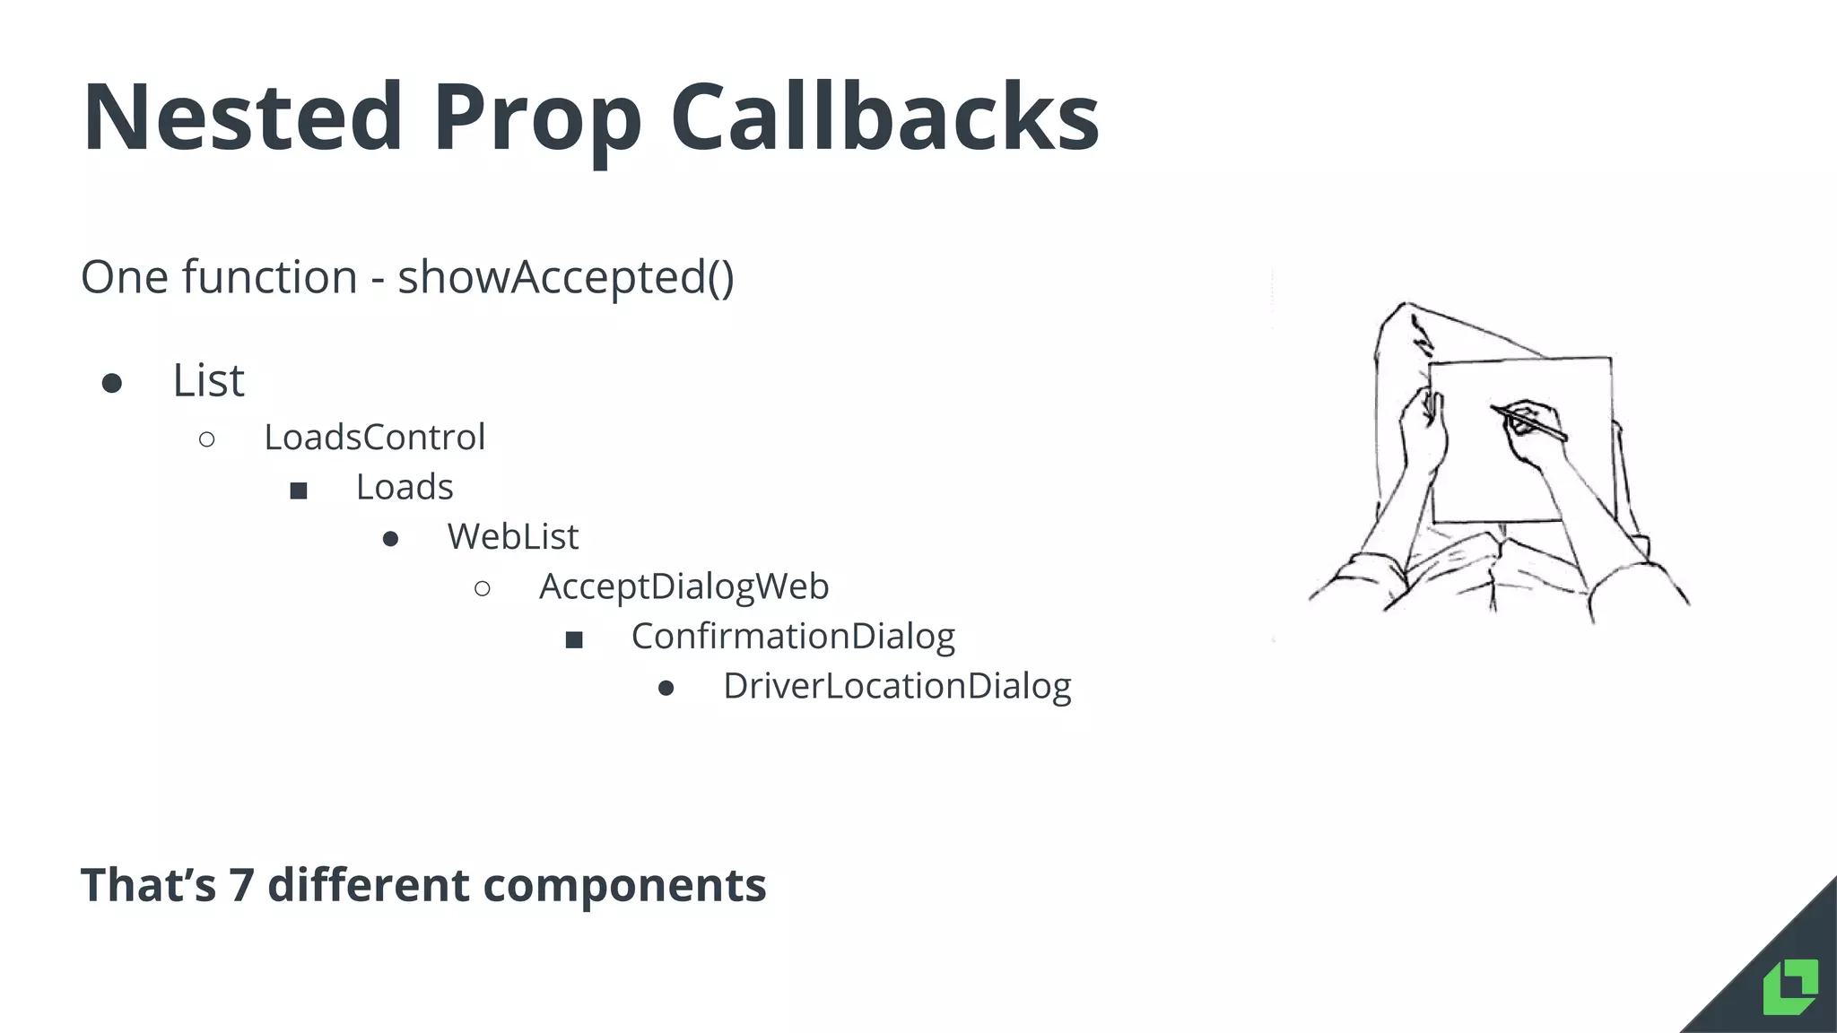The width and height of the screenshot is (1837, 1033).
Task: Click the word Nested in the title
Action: tap(242, 117)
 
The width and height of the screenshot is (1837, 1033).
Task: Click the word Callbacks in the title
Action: tap(884, 117)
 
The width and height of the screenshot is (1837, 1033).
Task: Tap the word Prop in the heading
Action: tap(536, 121)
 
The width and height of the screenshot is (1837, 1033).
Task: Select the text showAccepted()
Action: tap(565, 277)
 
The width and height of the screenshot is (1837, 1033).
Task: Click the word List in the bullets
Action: tap(208, 380)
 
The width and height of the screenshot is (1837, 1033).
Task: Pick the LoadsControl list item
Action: tap(374, 438)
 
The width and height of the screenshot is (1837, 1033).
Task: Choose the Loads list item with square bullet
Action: tap(405, 487)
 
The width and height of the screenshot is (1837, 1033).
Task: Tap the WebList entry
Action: tap(513, 537)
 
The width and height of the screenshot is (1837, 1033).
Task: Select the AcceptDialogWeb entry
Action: tap(683, 586)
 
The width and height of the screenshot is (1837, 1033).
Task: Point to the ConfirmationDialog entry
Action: tap(793, 636)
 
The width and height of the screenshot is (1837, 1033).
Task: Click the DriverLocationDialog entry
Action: tap(897, 686)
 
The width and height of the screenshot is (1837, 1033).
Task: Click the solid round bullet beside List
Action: tap(112, 384)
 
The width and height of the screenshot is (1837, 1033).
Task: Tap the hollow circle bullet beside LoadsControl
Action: tap(207, 439)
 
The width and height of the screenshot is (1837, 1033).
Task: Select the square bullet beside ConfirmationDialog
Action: tap(574, 639)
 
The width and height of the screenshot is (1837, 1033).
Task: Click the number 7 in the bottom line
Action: tap(241, 885)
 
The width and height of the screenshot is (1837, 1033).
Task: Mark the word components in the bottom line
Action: tap(624, 886)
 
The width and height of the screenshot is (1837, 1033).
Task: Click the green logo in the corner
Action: tap(1789, 986)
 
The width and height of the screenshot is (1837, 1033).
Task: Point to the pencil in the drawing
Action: tap(1530, 423)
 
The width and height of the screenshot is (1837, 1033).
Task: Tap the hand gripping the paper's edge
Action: tap(1422, 430)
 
